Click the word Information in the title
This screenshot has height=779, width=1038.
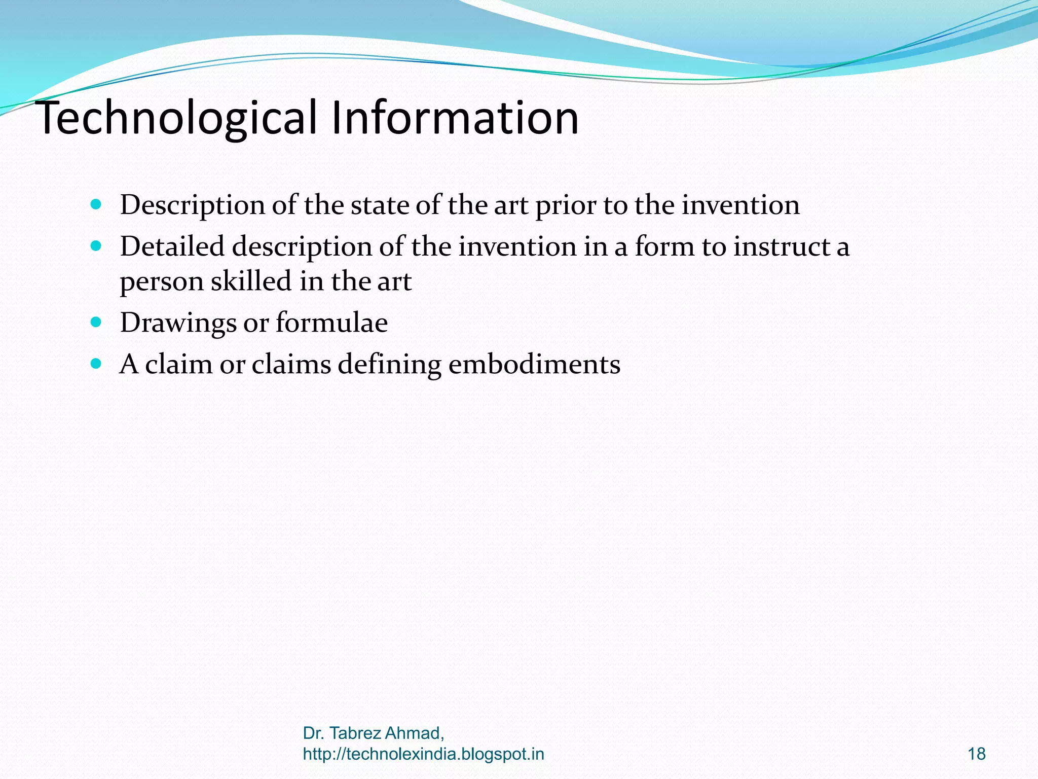[455, 118]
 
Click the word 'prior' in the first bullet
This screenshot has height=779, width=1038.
[565, 206]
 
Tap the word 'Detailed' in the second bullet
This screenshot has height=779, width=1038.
[172, 246]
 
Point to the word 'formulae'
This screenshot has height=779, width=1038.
[331, 322]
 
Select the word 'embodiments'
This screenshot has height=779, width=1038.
[534, 364]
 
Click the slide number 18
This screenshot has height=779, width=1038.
[976, 754]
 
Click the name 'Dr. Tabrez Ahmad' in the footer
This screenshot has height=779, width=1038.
[373, 733]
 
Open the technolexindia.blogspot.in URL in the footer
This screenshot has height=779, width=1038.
[423, 754]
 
